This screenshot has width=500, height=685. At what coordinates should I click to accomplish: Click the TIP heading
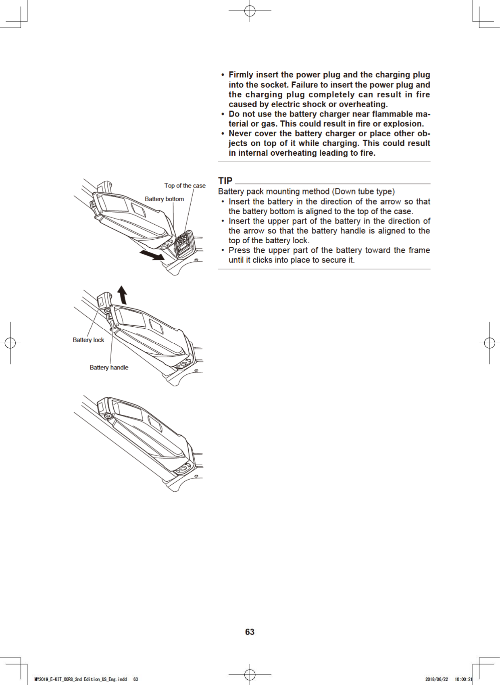(x=225, y=181)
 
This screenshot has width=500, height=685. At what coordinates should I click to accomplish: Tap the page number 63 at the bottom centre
(x=250, y=632)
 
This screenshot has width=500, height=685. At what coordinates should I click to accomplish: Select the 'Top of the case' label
(x=185, y=186)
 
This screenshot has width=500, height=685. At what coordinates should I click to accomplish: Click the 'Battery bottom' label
(x=164, y=199)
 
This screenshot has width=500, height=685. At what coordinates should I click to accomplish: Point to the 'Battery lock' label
(x=88, y=340)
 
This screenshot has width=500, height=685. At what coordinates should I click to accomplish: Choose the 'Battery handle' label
(x=109, y=368)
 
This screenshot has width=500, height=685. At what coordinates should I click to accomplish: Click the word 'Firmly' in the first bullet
(x=241, y=75)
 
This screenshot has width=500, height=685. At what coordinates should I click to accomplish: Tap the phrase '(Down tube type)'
(x=363, y=192)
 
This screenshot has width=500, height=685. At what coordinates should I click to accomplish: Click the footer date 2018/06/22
(x=436, y=679)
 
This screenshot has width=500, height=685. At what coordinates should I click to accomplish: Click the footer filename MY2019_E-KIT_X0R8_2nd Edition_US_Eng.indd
(x=81, y=679)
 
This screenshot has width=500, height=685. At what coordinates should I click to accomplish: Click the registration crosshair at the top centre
(x=250, y=11)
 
